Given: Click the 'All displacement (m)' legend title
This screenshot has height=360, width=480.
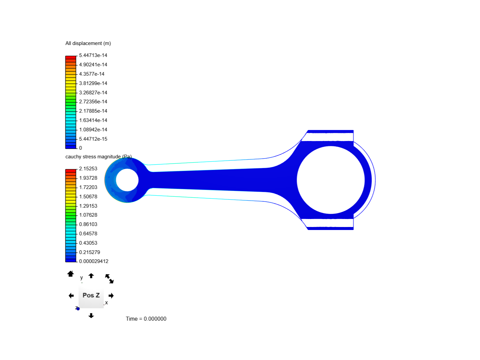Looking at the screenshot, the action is [x=88, y=43].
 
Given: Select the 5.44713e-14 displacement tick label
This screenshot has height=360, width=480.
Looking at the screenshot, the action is [x=93, y=55].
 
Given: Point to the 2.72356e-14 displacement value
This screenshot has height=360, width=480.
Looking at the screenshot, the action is [x=93, y=102].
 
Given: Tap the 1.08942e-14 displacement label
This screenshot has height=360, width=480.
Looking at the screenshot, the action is [x=93, y=130].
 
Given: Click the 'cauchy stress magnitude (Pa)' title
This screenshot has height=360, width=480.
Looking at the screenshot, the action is [x=98, y=157].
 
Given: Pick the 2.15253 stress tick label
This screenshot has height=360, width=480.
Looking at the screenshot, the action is [x=88, y=169].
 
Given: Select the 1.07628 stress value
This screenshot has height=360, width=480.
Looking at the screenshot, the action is [x=88, y=215].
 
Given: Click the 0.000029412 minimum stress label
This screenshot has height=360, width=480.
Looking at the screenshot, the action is [x=94, y=261].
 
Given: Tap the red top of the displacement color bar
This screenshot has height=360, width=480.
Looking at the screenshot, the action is [x=71, y=57].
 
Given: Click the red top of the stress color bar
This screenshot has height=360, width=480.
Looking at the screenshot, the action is [x=71, y=171].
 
